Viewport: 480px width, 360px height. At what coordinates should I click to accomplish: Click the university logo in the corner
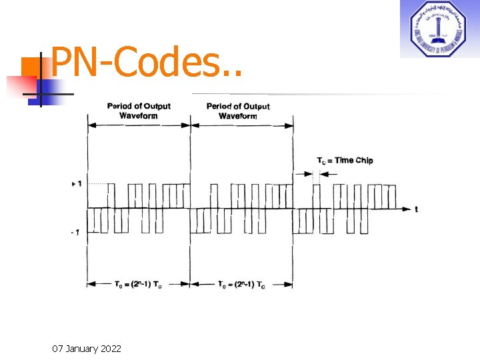439,29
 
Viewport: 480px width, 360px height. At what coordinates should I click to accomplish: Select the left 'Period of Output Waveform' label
139,111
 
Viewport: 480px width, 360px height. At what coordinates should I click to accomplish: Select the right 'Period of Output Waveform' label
238,111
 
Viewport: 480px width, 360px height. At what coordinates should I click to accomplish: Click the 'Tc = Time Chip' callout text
345,160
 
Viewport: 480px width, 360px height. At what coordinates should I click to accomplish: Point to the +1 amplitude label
77,183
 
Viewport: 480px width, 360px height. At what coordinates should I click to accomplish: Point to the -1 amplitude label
77,232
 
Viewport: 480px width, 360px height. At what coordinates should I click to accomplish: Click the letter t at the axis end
417,209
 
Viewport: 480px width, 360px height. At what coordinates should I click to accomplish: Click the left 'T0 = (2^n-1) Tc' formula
139,285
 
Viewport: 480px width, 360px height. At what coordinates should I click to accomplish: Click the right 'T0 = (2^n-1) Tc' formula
241,285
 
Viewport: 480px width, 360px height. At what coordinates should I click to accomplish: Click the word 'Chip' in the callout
364,160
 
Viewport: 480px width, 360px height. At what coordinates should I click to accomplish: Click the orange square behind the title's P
31,67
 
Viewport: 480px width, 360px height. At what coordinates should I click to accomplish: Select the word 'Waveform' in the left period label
139,115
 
